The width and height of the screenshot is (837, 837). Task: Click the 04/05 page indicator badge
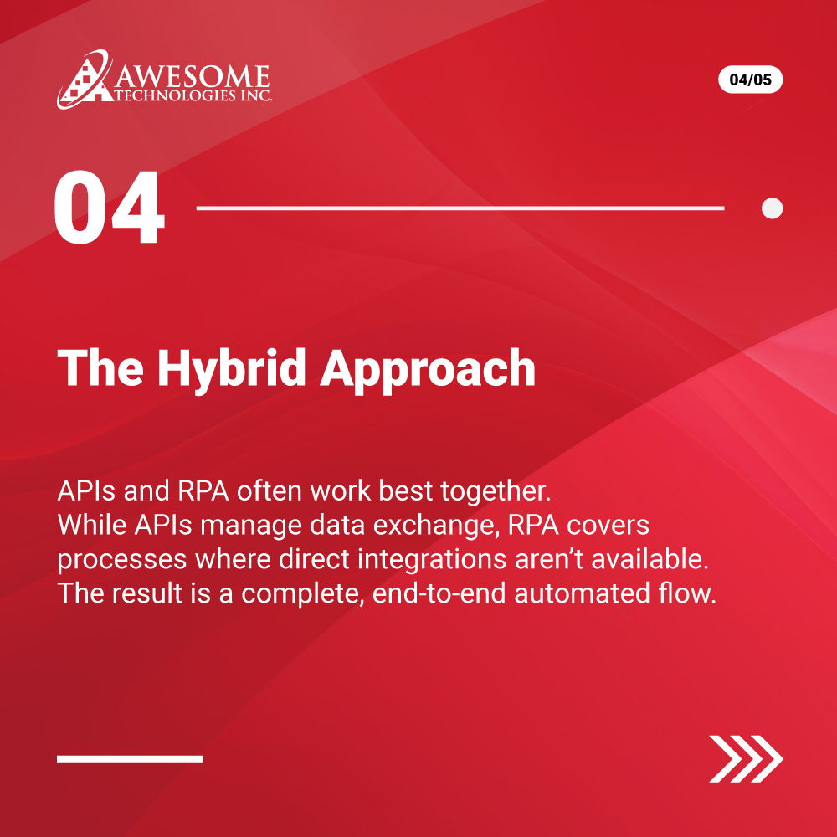pyautogui.click(x=750, y=80)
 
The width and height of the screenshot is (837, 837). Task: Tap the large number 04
pyautogui.click(x=109, y=208)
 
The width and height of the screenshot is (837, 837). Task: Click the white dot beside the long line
pyautogui.click(x=772, y=208)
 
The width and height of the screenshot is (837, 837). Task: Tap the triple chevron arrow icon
pyautogui.click(x=746, y=758)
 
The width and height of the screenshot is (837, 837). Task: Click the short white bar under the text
pyautogui.click(x=130, y=758)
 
